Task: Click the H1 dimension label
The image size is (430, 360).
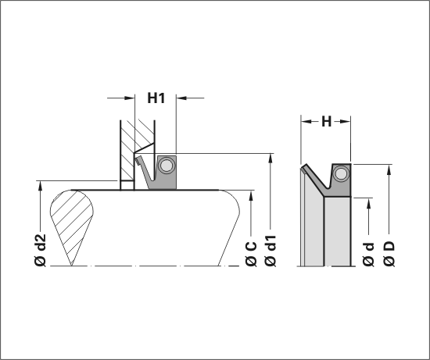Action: click(156, 98)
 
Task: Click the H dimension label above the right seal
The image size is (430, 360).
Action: click(326, 121)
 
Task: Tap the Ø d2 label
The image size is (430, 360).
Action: click(41, 250)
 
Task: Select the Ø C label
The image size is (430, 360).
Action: click(251, 254)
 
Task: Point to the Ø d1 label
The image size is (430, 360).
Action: click(271, 251)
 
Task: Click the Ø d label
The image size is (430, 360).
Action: click(368, 255)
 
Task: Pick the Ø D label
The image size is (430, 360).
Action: click(389, 254)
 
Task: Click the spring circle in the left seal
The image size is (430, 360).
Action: click(167, 166)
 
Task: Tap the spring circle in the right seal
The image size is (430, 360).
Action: click(341, 174)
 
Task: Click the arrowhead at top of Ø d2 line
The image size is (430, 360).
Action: click(41, 186)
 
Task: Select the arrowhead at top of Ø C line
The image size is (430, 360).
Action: click(251, 195)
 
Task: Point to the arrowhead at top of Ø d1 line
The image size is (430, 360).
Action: click(271, 159)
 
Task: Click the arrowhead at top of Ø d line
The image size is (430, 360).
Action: click(368, 203)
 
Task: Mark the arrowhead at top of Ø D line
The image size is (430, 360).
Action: click(389, 169)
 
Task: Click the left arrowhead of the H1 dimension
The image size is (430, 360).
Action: click(130, 98)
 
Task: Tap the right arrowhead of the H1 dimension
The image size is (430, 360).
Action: click(181, 98)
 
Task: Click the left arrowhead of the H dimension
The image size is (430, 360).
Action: click(306, 121)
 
